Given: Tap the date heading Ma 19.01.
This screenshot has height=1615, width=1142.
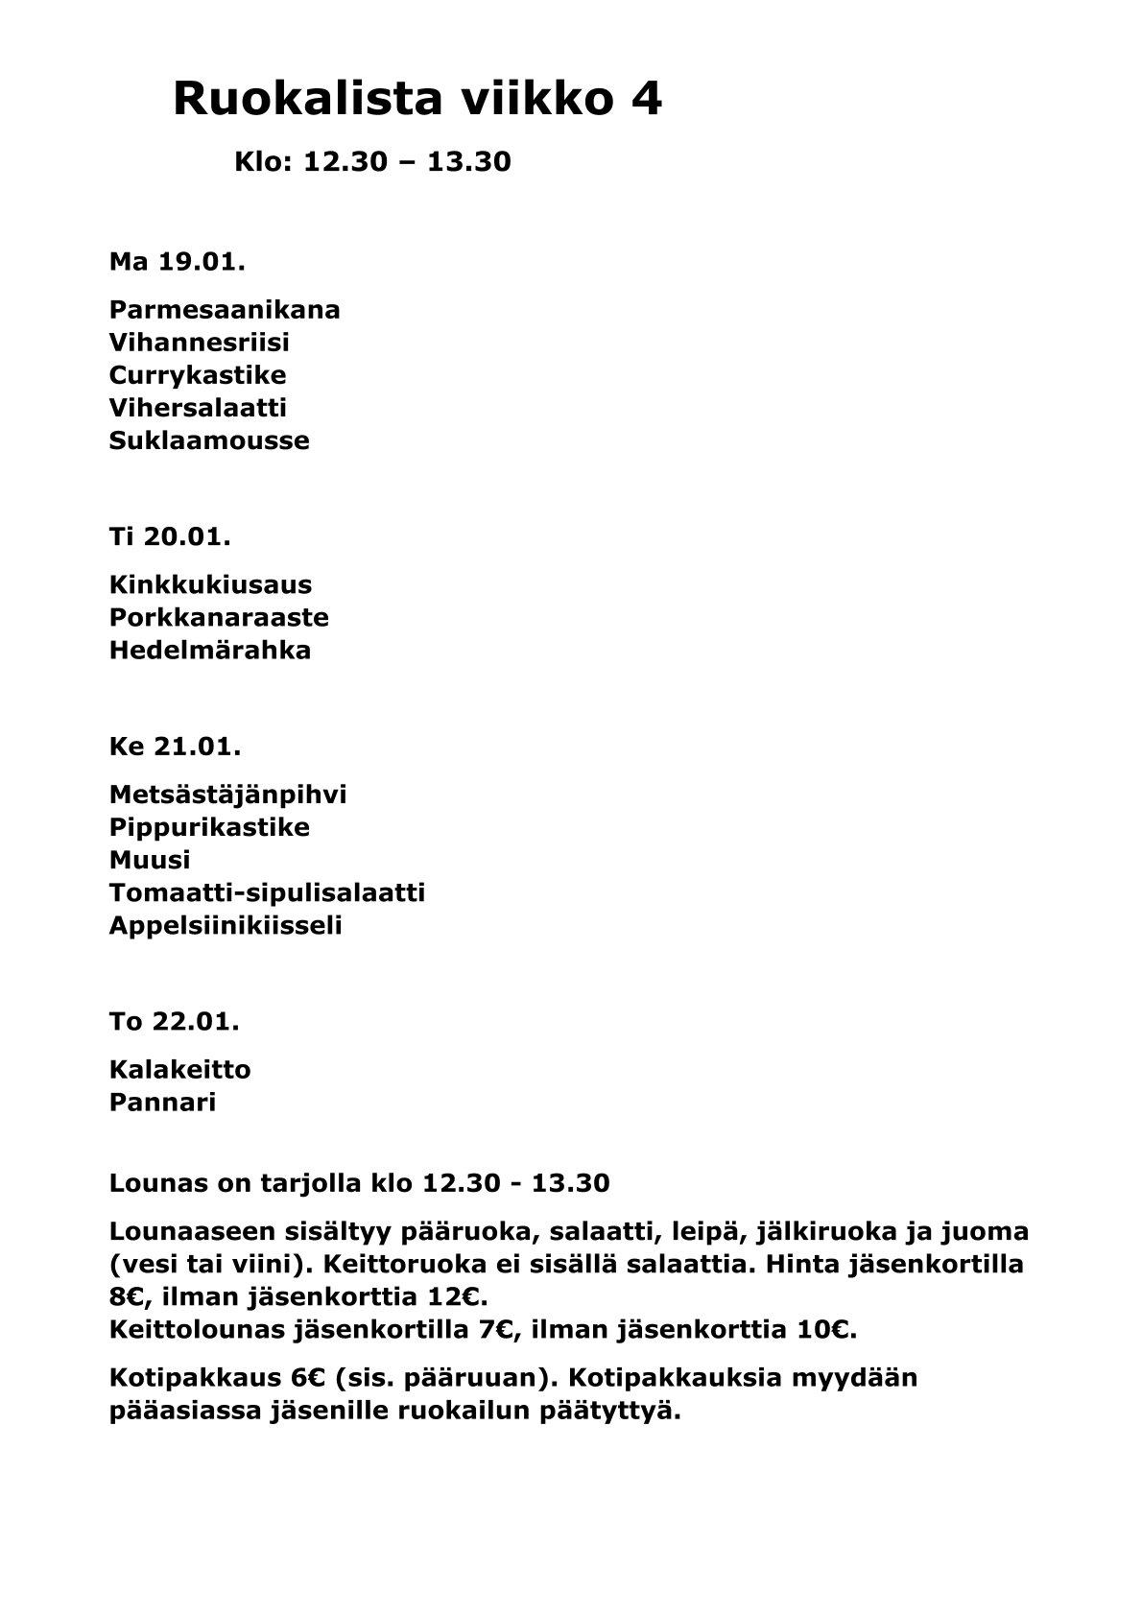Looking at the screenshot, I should pos(177,261).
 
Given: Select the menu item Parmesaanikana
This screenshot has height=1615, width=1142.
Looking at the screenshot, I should pos(225,310).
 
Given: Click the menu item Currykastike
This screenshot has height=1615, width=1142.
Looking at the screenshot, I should pos(198,375).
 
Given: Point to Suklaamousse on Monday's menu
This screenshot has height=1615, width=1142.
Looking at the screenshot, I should pos(209,440).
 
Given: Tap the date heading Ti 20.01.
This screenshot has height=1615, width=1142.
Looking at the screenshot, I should pos(170,536).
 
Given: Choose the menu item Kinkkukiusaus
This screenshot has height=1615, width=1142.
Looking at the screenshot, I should pos(210,584).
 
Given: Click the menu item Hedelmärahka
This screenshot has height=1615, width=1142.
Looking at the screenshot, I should pos(210,650).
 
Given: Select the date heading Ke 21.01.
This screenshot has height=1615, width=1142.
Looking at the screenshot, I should pos(175,746).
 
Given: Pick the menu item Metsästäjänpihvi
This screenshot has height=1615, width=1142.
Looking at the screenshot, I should pos(227,795).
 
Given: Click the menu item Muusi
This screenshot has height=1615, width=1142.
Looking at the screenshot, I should pos(150,860).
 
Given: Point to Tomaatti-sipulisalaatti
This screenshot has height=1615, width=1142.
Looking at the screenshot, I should pos(267,892).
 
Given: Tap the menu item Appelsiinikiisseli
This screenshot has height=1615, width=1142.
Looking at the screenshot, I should pos(226,925).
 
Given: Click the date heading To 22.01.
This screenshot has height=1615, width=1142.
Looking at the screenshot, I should pos(174,1021).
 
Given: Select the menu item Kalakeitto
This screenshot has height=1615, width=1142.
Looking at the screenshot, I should pos(180,1069).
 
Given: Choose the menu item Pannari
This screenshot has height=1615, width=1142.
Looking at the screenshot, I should pos(162,1102).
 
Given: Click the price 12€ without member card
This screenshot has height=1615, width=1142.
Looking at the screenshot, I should pos(459,1297).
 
